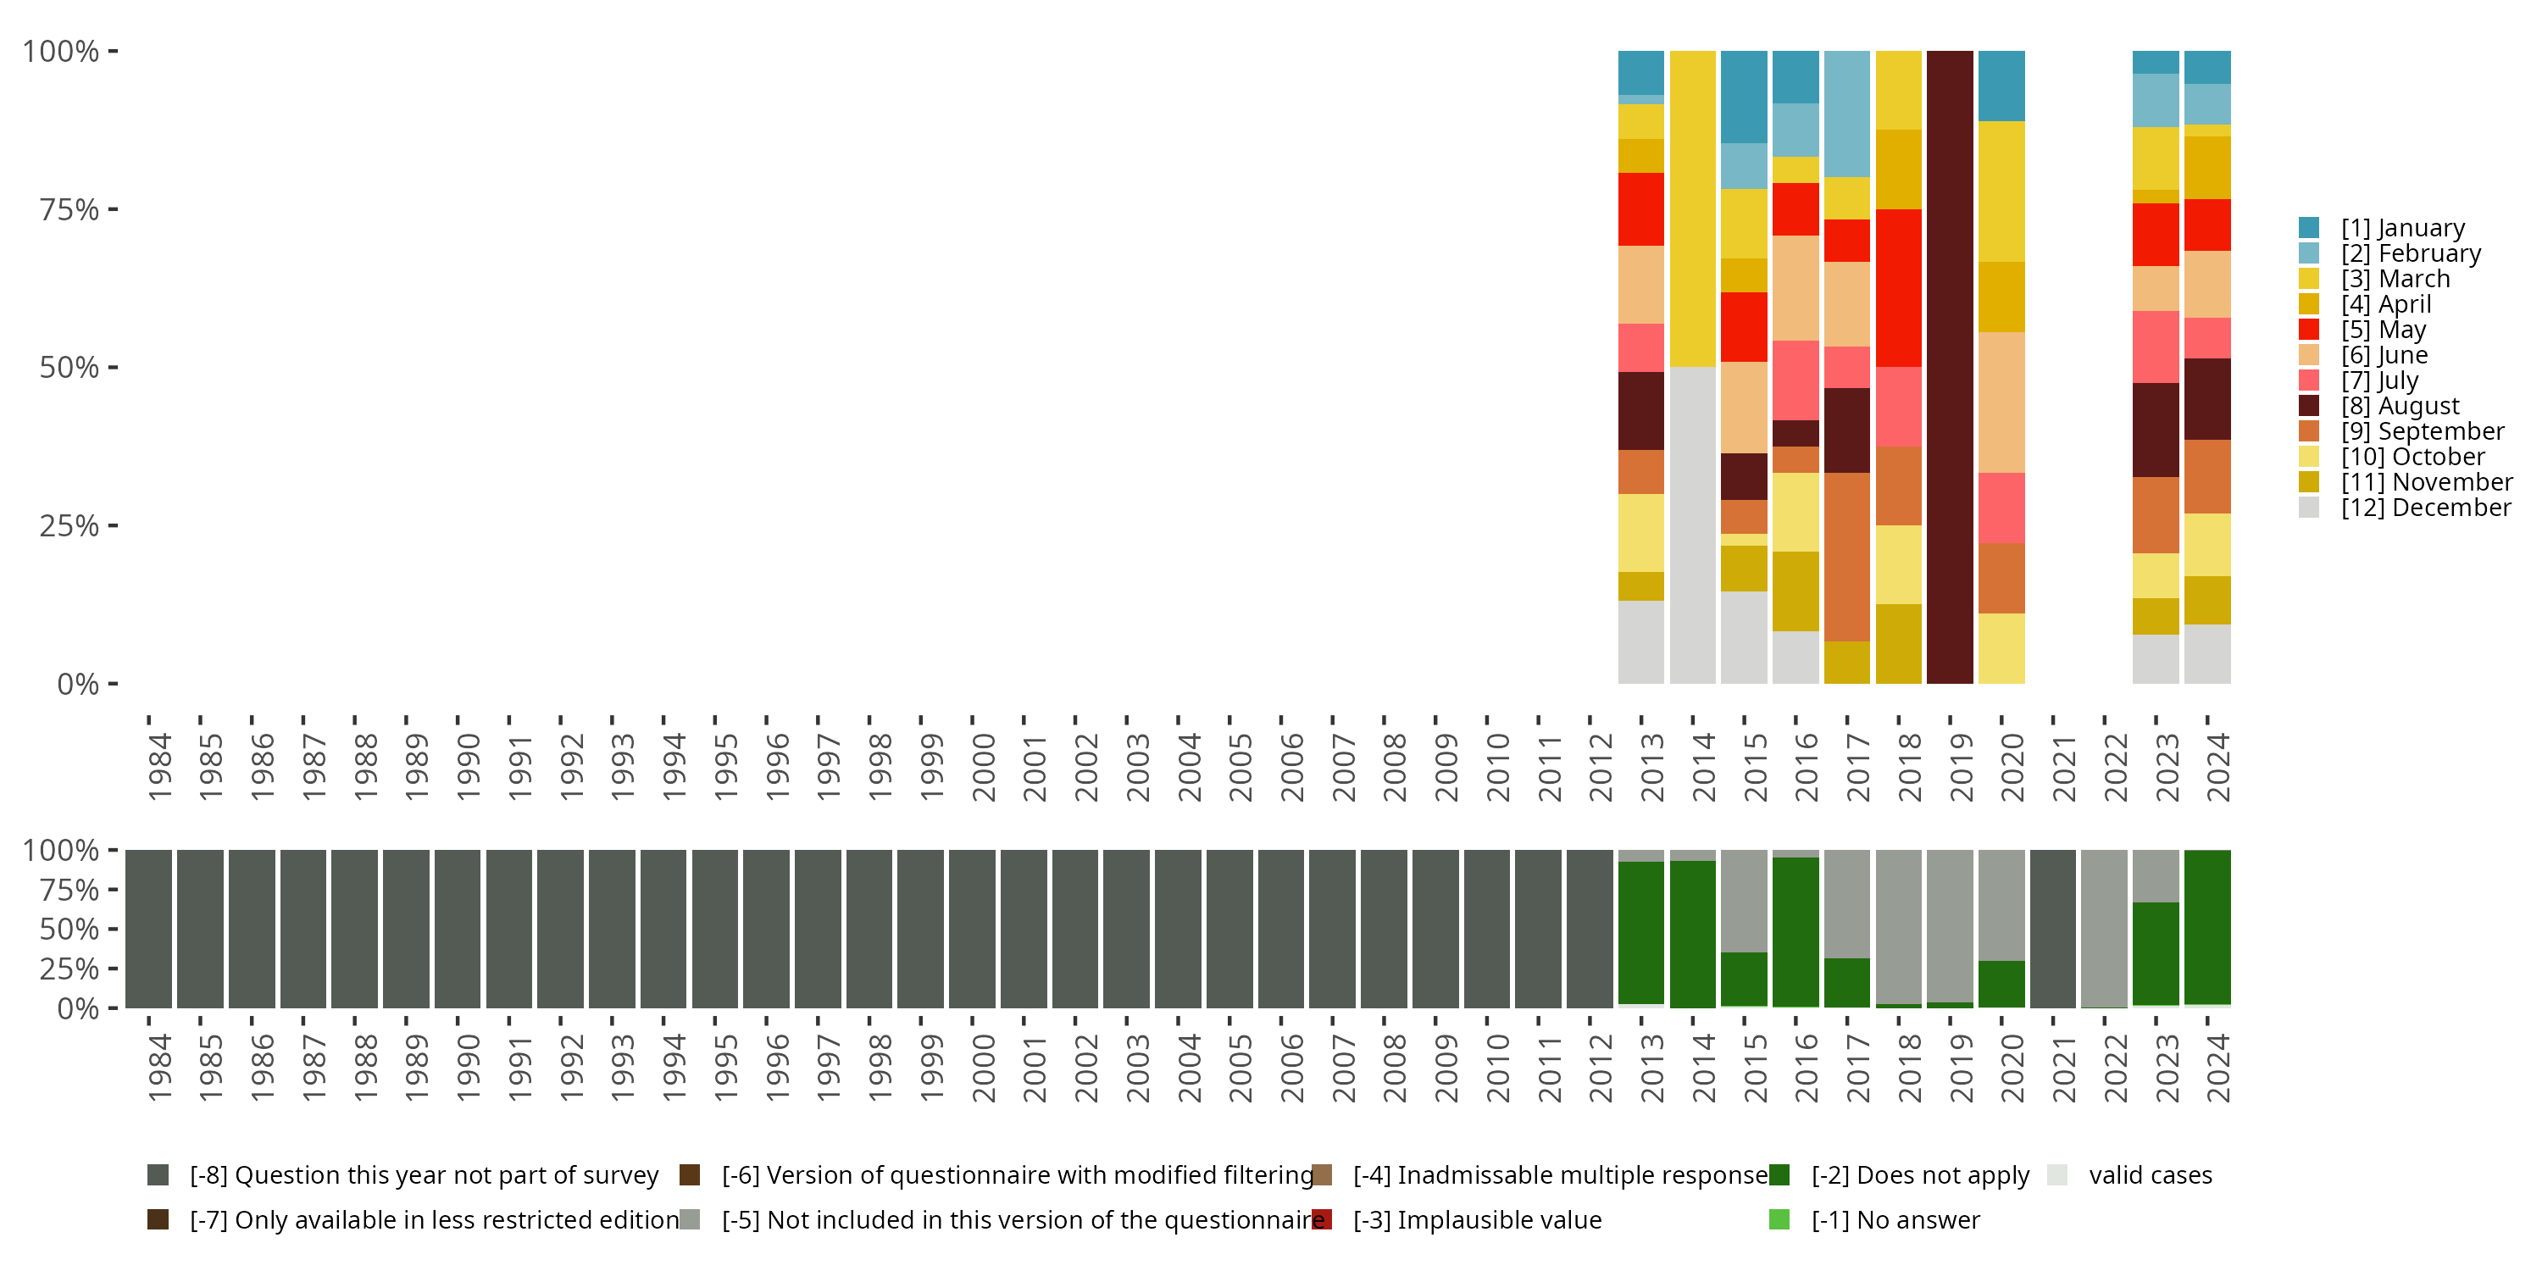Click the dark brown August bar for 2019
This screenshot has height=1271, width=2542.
pyautogui.click(x=1949, y=367)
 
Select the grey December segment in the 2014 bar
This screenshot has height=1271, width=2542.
pyautogui.click(x=1692, y=525)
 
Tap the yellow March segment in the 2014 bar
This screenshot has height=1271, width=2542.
pyautogui.click(x=1692, y=208)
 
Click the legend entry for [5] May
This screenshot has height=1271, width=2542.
pyautogui.click(x=2382, y=330)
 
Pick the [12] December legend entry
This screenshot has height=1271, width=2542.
pyautogui.click(x=2424, y=508)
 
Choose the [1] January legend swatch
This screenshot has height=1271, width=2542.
pyautogui.click(x=2308, y=228)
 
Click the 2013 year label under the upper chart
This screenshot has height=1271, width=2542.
pyautogui.click(x=1651, y=768)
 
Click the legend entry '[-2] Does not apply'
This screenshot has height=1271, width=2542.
pyautogui.click(x=1919, y=1175)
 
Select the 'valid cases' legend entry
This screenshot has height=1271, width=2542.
pyautogui.click(x=2149, y=1175)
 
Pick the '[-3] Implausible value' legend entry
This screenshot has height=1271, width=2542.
pyautogui.click(x=1476, y=1221)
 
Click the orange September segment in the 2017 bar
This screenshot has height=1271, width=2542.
pyautogui.click(x=1846, y=557)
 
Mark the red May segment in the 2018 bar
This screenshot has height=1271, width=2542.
pyautogui.click(x=1898, y=288)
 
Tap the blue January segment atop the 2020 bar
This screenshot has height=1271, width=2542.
pyautogui.click(x=2001, y=86)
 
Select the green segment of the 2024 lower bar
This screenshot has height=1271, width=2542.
pyautogui.click(x=2207, y=928)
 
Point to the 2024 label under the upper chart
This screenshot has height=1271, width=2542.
pyautogui.click(x=2217, y=768)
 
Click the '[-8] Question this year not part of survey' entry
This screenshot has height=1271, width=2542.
pyautogui.click(x=422, y=1175)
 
